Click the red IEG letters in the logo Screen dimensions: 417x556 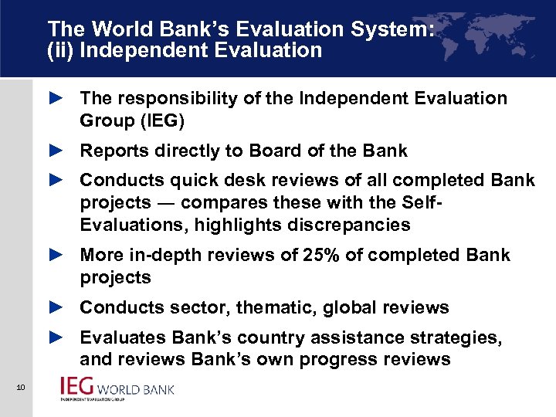click(79, 387)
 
